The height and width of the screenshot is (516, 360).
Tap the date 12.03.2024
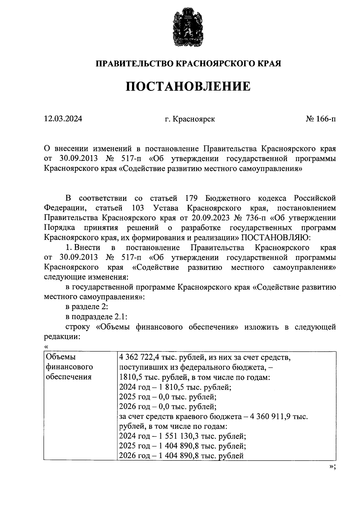63,119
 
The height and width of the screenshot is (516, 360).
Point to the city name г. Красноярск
190,119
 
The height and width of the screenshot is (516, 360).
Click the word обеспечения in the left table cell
68,377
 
